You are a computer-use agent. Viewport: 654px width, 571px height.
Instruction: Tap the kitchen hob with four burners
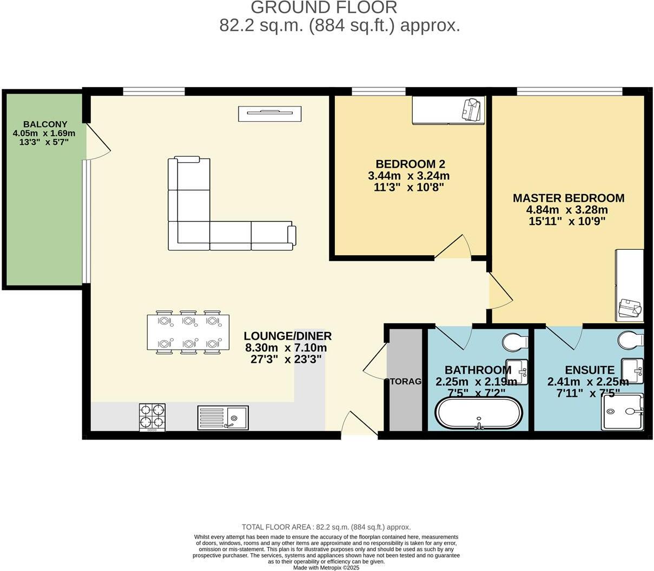coord(153,417)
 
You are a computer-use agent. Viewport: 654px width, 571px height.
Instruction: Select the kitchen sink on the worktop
coord(223,417)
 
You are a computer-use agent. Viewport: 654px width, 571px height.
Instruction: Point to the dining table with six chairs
coord(188,331)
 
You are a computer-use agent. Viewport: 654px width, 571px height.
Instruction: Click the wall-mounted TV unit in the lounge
coord(269,114)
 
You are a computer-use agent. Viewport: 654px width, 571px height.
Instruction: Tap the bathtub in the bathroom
coord(479,413)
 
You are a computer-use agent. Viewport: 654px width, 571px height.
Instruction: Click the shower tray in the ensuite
coord(623,411)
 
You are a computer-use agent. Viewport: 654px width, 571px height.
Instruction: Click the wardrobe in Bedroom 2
coord(448,110)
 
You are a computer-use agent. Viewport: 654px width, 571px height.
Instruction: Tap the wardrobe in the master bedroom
coord(630,285)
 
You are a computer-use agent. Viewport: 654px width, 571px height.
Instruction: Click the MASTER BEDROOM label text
coord(569,198)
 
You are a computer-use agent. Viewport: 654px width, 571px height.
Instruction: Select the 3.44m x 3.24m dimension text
coord(408,176)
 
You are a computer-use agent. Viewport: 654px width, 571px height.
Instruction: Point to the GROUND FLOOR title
coord(324,8)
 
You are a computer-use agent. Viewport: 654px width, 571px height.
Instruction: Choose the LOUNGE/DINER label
coord(287,336)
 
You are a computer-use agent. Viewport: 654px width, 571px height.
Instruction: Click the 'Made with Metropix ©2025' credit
coord(326,568)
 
